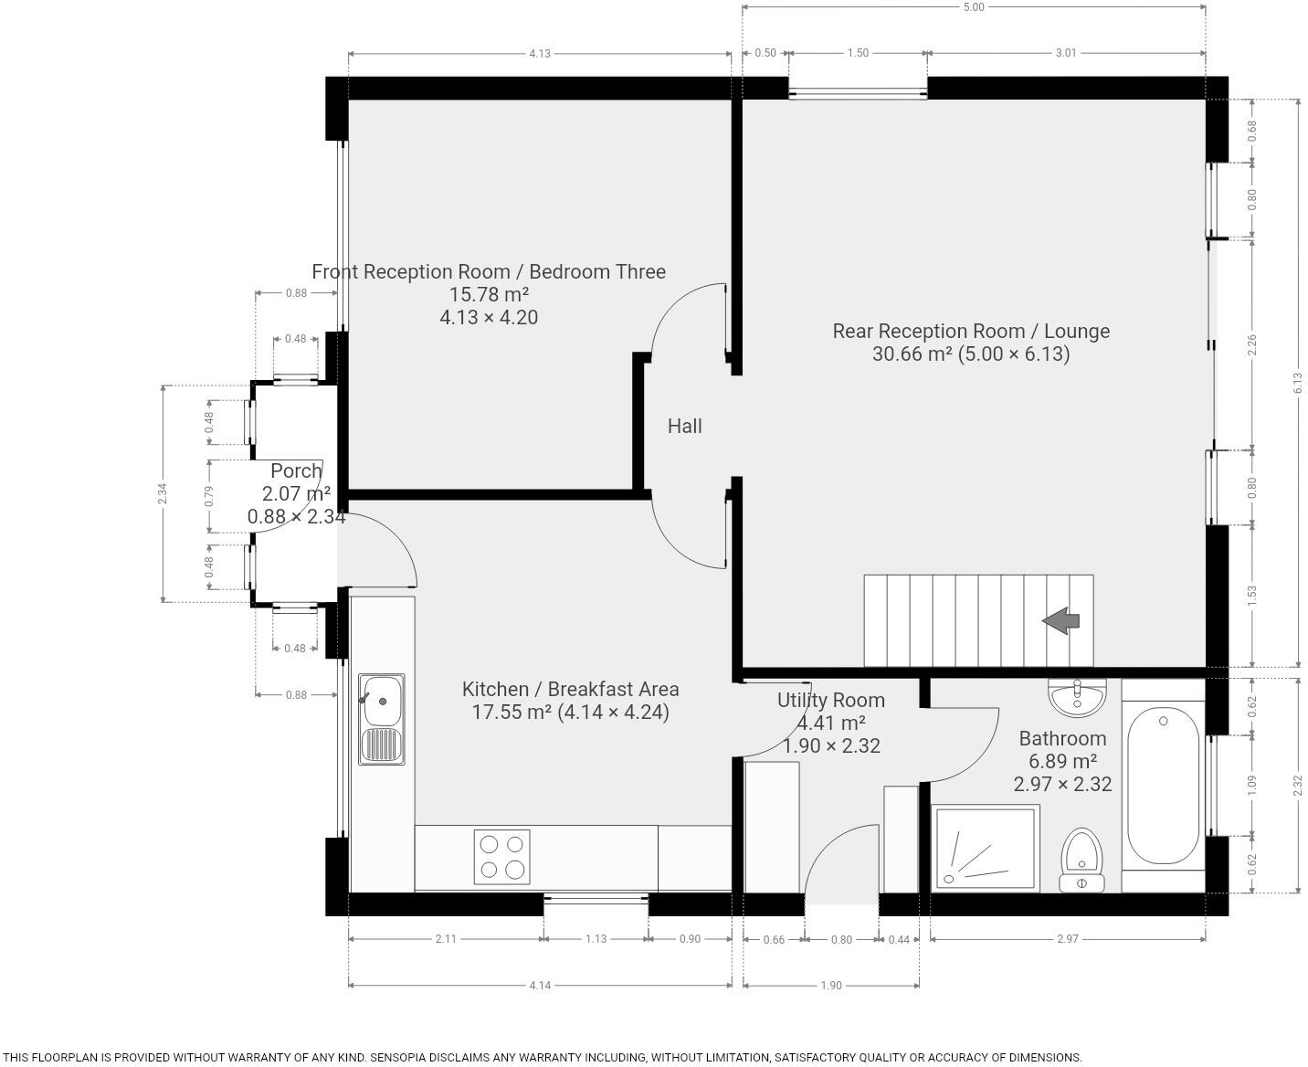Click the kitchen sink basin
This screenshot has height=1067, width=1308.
pos(382,701)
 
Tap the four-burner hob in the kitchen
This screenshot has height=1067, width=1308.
pos(501,856)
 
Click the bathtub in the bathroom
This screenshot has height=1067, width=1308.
pos(1163,787)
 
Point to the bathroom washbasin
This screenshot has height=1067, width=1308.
pos(1077,698)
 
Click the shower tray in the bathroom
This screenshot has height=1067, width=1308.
pos(986,848)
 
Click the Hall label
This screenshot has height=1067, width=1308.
pos(684,426)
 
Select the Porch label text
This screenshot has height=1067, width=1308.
pos(296,471)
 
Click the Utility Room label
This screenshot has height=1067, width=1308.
pos(830,700)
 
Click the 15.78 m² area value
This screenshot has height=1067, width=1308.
pos(489,294)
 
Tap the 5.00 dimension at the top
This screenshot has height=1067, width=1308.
pos(974,7)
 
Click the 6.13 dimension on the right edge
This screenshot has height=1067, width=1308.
pos(1298,384)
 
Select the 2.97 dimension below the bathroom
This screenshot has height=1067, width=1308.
pos(1067,938)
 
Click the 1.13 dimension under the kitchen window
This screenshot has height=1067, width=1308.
pos(596,938)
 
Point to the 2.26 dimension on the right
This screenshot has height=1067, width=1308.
pos(1252,345)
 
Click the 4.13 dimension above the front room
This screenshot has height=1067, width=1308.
pos(540,53)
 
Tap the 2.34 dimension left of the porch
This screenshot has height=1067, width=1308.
pos(163,494)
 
